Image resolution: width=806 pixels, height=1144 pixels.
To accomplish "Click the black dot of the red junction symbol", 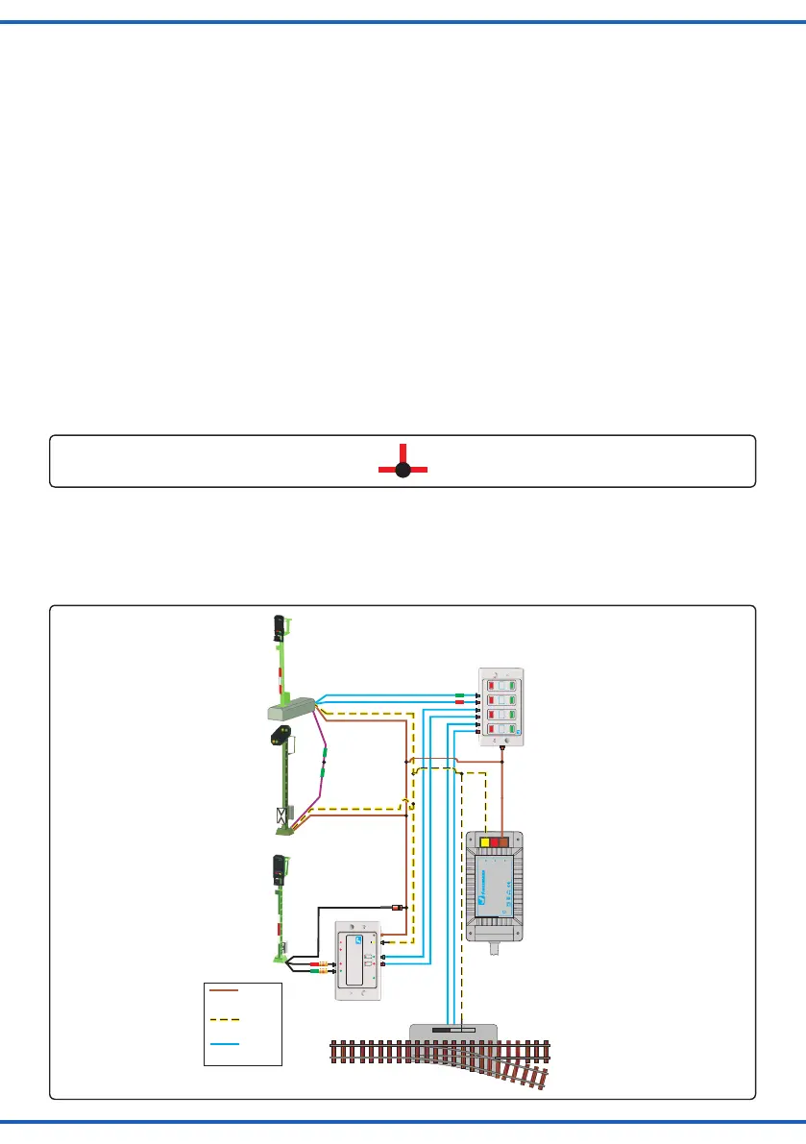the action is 403,470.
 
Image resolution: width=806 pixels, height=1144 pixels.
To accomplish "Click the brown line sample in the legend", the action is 223,988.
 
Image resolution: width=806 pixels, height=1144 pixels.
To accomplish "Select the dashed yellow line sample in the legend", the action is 223,1016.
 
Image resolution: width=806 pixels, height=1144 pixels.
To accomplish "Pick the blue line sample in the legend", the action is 223,1043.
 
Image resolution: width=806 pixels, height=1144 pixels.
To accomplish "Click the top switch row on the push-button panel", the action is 499,685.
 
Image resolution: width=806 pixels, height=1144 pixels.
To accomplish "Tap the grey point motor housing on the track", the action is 453,1031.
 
